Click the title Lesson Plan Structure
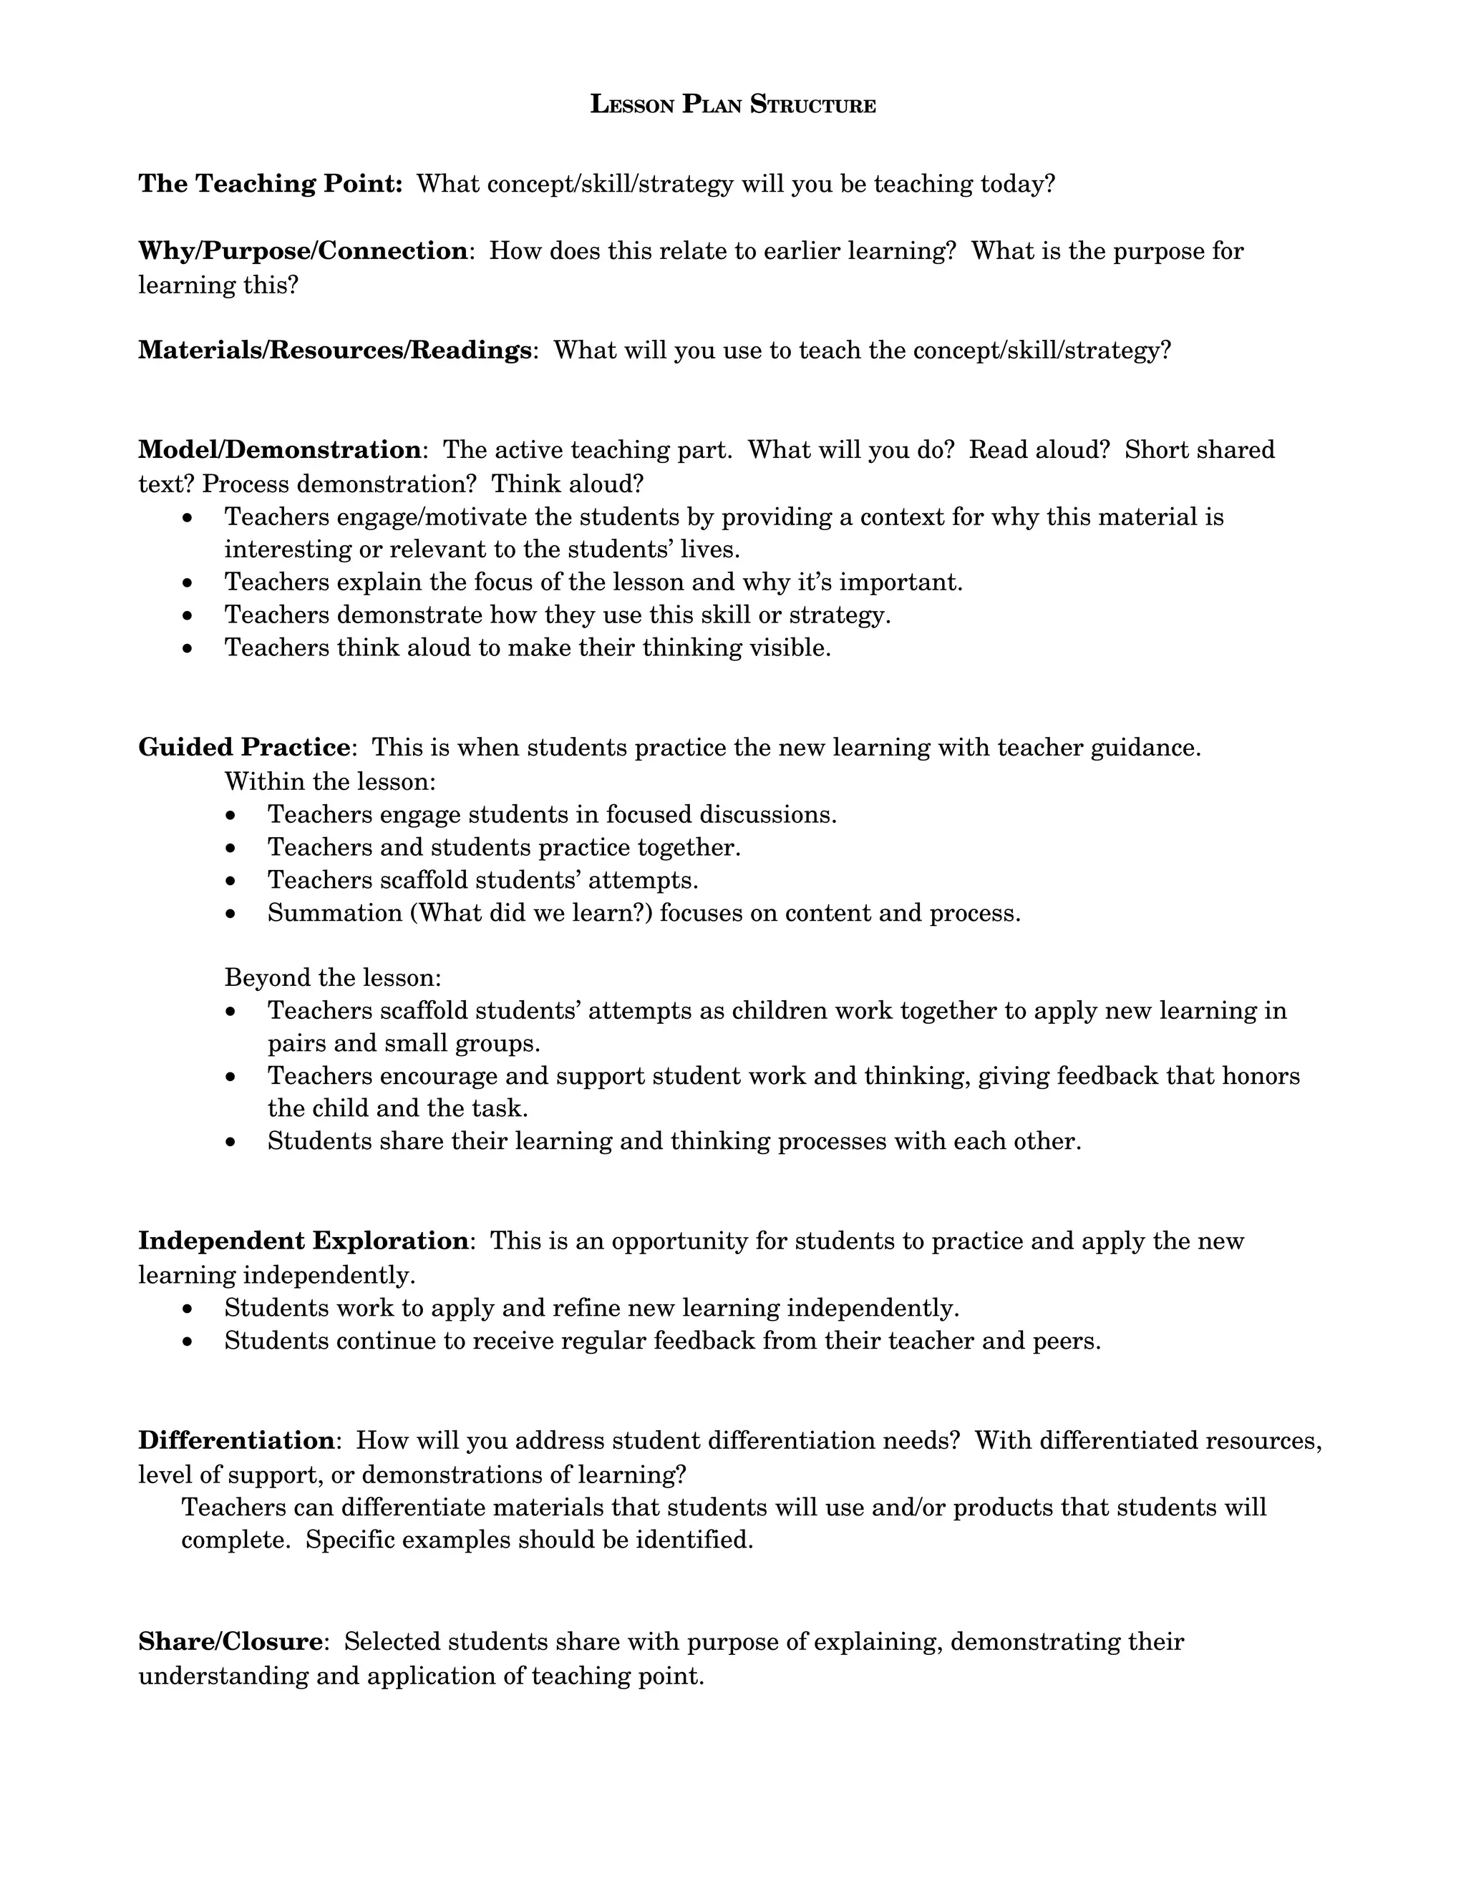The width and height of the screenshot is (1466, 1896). coord(732,105)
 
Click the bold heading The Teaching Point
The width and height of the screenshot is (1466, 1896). coord(269,184)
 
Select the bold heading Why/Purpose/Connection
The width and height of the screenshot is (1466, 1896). coord(303,251)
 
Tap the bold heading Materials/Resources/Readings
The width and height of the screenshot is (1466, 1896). coord(335,350)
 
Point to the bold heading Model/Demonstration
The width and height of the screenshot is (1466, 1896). coord(280,450)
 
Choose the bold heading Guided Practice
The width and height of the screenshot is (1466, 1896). coord(244,748)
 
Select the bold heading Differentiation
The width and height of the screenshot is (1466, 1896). coord(236,1440)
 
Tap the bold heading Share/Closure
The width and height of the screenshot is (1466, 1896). coord(231,1641)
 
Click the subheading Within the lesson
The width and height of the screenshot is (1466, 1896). coord(329,781)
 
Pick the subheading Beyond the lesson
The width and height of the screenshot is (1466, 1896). coord(333,977)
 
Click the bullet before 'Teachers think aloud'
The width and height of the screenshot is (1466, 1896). coord(188,648)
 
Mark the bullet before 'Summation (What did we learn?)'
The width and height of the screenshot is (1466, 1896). coord(230,914)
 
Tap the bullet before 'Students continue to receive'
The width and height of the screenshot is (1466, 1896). coord(188,1342)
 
